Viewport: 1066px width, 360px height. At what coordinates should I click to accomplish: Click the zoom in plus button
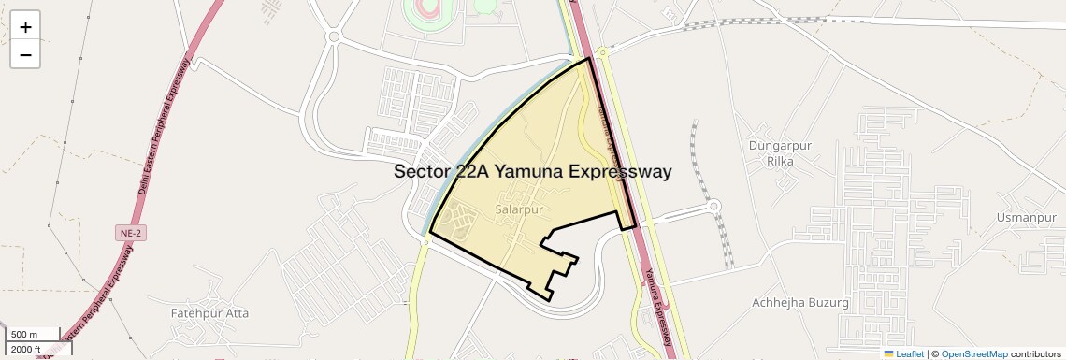pos(25,27)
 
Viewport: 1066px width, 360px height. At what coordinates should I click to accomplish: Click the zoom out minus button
pos(25,54)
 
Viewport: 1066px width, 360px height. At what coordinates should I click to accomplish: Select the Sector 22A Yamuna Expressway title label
pos(532,172)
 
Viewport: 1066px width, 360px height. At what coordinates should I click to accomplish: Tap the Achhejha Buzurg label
pos(800,303)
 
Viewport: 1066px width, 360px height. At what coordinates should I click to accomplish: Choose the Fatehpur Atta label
pos(209,313)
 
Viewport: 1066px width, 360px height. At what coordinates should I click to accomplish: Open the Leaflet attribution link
pos(903,353)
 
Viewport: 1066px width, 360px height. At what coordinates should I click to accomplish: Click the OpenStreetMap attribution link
pos(973,353)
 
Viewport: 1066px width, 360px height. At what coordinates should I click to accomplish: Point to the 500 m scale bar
pos(34,334)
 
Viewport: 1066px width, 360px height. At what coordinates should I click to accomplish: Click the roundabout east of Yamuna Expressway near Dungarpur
pos(714,207)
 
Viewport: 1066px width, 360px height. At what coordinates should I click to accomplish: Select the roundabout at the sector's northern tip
pos(603,53)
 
